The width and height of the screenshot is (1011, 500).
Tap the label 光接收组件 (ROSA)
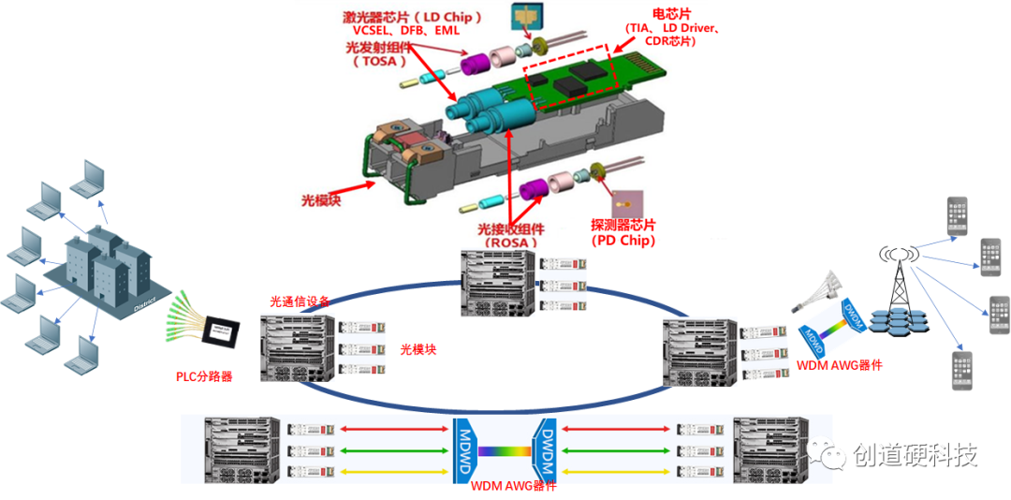click(511, 235)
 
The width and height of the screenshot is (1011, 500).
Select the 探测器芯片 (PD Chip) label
click(623, 232)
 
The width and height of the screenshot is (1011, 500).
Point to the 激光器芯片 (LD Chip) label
click(411, 17)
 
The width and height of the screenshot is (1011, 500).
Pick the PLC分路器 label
click(204, 376)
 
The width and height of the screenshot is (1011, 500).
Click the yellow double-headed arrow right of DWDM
click(617, 468)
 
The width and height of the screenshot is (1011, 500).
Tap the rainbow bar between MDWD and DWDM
click(506, 449)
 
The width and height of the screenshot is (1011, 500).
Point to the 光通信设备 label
click(299, 301)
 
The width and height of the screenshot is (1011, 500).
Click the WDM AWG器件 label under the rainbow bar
click(513, 486)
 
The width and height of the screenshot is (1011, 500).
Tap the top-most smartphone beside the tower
click(957, 215)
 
